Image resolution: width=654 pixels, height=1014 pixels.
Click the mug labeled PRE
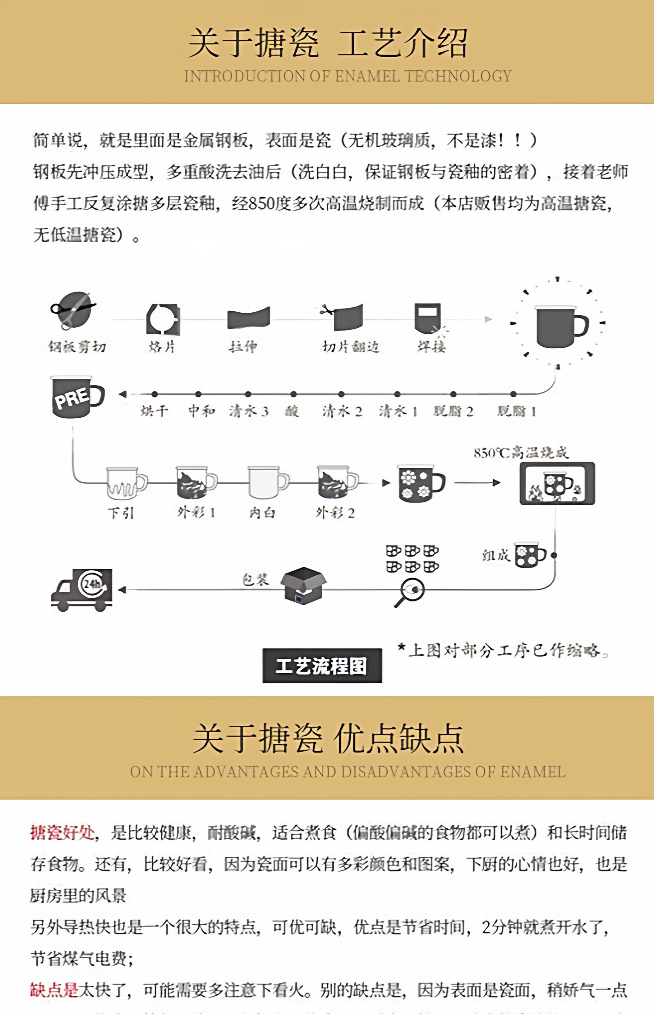[x=76, y=397]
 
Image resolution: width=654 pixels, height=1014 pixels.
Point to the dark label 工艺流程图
[x=322, y=665]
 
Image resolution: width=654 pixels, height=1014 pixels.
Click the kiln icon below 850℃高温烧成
[x=557, y=483]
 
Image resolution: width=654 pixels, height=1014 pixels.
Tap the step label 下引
[x=121, y=513]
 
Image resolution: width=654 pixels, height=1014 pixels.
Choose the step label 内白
[x=262, y=513]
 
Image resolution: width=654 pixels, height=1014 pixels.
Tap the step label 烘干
[x=154, y=411]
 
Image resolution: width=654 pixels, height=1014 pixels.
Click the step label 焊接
[x=431, y=347]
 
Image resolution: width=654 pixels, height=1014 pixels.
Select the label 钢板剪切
[x=77, y=347]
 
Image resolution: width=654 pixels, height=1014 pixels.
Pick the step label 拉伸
[x=243, y=347]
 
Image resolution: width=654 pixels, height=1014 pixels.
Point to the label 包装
[x=255, y=579]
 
